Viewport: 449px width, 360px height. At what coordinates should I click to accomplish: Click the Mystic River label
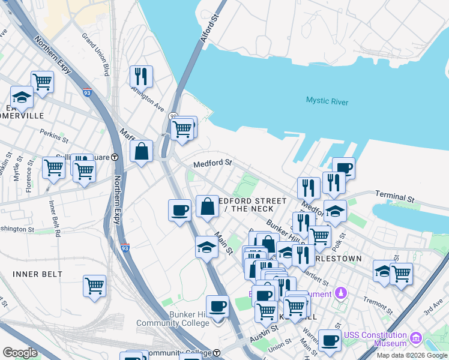coord(327,101)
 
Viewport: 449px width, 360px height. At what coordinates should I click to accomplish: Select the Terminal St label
coord(395,196)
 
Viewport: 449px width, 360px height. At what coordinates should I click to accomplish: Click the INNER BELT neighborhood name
coord(37,274)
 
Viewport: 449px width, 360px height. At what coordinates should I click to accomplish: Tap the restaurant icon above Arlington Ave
coord(141,76)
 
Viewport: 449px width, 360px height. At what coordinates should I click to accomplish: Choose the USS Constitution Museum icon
coord(415,339)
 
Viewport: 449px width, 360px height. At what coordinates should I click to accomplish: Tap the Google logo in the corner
coord(20,352)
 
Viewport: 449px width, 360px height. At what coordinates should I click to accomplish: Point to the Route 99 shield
coord(173,116)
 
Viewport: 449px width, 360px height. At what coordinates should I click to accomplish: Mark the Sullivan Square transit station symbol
coord(115,157)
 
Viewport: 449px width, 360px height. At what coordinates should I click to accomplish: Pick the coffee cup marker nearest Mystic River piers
coord(343,168)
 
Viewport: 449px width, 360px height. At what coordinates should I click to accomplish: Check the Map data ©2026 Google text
coord(411,355)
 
